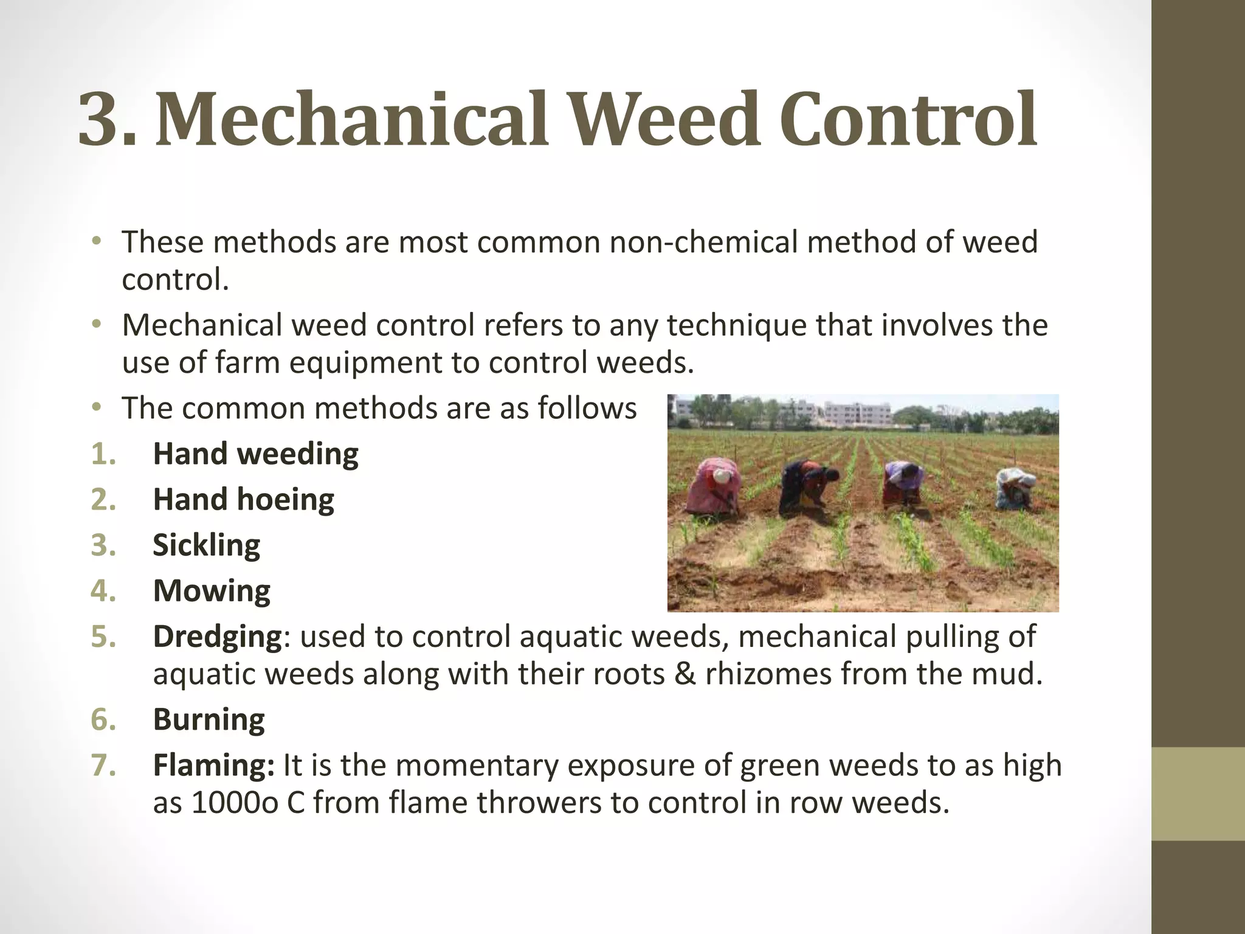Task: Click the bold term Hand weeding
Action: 255,454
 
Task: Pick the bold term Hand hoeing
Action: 243,499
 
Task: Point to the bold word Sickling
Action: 206,545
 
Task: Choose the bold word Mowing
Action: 212,590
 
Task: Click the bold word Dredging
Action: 217,637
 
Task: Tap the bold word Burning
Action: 209,719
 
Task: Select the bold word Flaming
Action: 213,765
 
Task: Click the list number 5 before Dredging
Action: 103,637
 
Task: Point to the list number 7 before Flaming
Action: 103,765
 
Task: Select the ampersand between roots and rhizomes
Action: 685,674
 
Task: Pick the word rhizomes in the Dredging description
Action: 768,674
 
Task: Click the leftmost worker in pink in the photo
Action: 712,485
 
